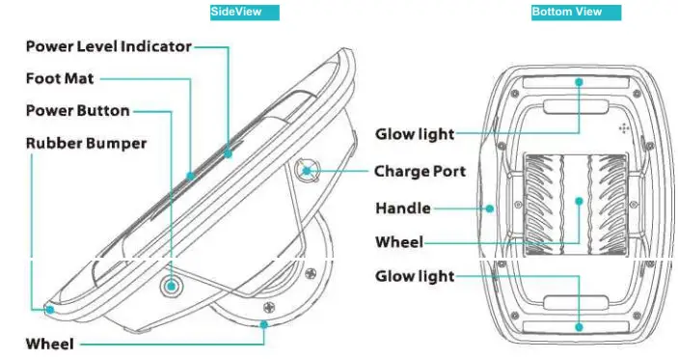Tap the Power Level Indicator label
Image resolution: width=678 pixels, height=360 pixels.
(108, 46)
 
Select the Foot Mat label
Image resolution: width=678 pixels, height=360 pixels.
(60, 78)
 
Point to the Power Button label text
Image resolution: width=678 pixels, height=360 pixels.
(77, 111)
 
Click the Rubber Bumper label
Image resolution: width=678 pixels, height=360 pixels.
(86, 143)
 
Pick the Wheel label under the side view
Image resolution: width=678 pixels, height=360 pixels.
(49, 344)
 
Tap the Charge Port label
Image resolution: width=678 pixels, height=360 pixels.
(420, 172)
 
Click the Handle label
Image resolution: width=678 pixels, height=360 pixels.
(402, 208)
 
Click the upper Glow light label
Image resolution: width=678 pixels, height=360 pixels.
(415, 134)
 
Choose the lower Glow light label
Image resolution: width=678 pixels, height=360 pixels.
(415, 277)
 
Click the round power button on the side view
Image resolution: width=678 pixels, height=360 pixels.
(172, 286)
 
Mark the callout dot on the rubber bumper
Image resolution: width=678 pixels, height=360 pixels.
(49, 310)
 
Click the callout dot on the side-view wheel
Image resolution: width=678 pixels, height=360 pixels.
(263, 325)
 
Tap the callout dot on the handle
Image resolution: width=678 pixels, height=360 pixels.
(491, 207)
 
